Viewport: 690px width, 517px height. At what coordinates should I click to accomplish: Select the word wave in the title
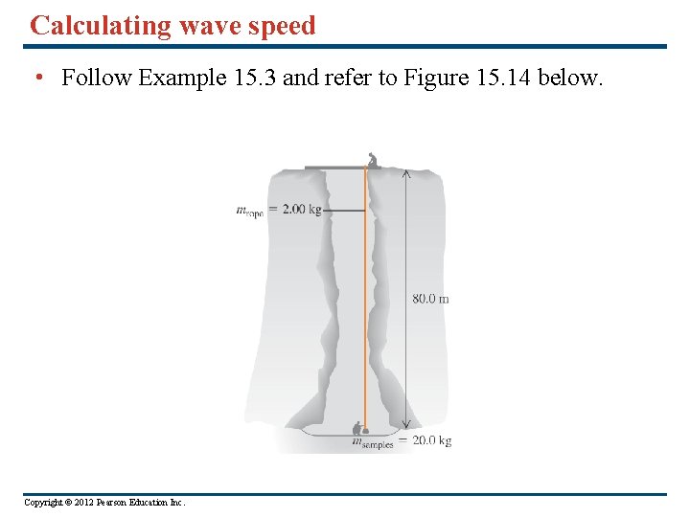click(x=206, y=26)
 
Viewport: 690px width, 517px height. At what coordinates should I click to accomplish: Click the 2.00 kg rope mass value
click(x=301, y=209)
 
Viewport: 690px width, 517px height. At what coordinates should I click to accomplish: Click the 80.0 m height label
click(x=430, y=299)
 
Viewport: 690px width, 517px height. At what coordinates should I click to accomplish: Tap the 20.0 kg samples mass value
click(x=431, y=441)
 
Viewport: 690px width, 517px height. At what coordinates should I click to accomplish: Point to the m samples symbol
click(x=370, y=442)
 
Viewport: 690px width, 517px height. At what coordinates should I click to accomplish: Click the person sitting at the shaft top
click(x=373, y=160)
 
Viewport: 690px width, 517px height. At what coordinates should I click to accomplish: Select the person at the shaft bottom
click(x=359, y=429)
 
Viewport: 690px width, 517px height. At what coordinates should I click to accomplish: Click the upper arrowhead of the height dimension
click(x=405, y=174)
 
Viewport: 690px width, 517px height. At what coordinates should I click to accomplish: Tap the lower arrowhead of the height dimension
click(x=405, y=424)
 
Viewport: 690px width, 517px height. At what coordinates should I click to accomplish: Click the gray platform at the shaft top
click(x=335, y=169)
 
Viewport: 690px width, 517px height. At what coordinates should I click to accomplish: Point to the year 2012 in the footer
click(x=76, y=502)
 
